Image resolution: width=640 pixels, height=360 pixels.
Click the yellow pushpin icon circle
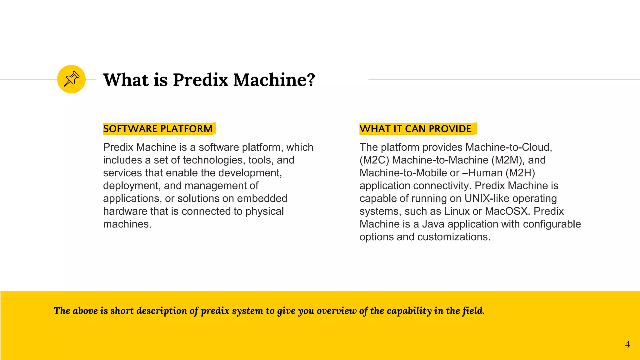[71, 79]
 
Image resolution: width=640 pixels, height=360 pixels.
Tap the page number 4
[627, 344]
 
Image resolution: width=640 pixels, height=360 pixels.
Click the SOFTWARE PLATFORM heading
[158, 129]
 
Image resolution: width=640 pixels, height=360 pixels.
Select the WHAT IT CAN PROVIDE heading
[415, 129]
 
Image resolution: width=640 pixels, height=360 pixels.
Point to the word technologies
[213, 160]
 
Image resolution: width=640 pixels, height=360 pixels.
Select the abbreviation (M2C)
[374, 160]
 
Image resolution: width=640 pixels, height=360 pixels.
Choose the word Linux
[457, 211]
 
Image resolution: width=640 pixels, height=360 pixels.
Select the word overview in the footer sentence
[336, 311]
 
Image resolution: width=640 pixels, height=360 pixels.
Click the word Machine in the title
[274, 80]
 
